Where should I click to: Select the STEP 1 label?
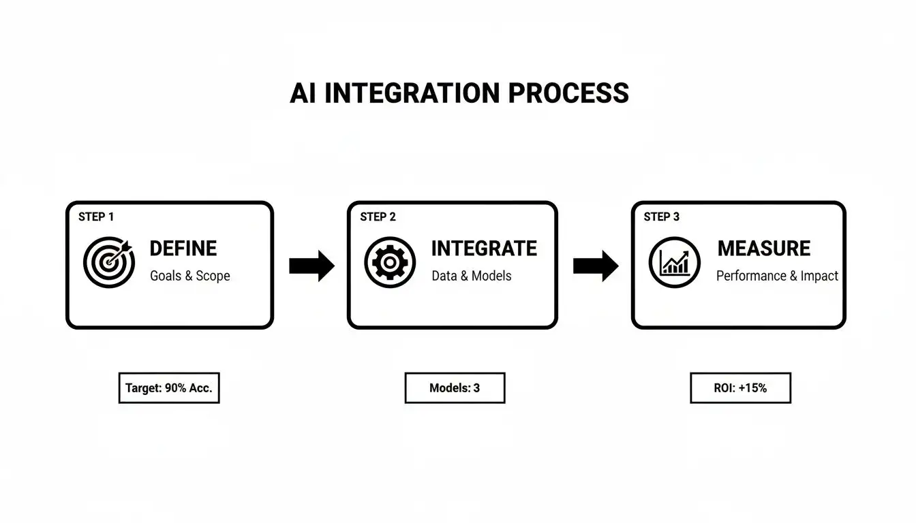click(96, 217)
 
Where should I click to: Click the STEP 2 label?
click(378, 217)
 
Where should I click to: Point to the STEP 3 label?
click(661, 217)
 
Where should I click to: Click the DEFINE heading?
click(183, 249)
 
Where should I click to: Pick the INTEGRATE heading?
click(484, 249)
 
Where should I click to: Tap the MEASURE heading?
click(764, 249)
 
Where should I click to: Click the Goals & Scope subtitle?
click(189, 276)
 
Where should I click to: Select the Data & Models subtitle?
click(471, 276)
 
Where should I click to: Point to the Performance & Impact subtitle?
click(777, 276)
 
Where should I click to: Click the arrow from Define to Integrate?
click(311, 266)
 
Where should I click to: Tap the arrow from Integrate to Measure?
click(595, 266)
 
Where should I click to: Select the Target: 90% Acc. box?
click(169, 388)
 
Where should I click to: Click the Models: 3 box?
click(455, 388)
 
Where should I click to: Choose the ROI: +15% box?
click(740, 388)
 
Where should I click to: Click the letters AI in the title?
click(303, 93)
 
